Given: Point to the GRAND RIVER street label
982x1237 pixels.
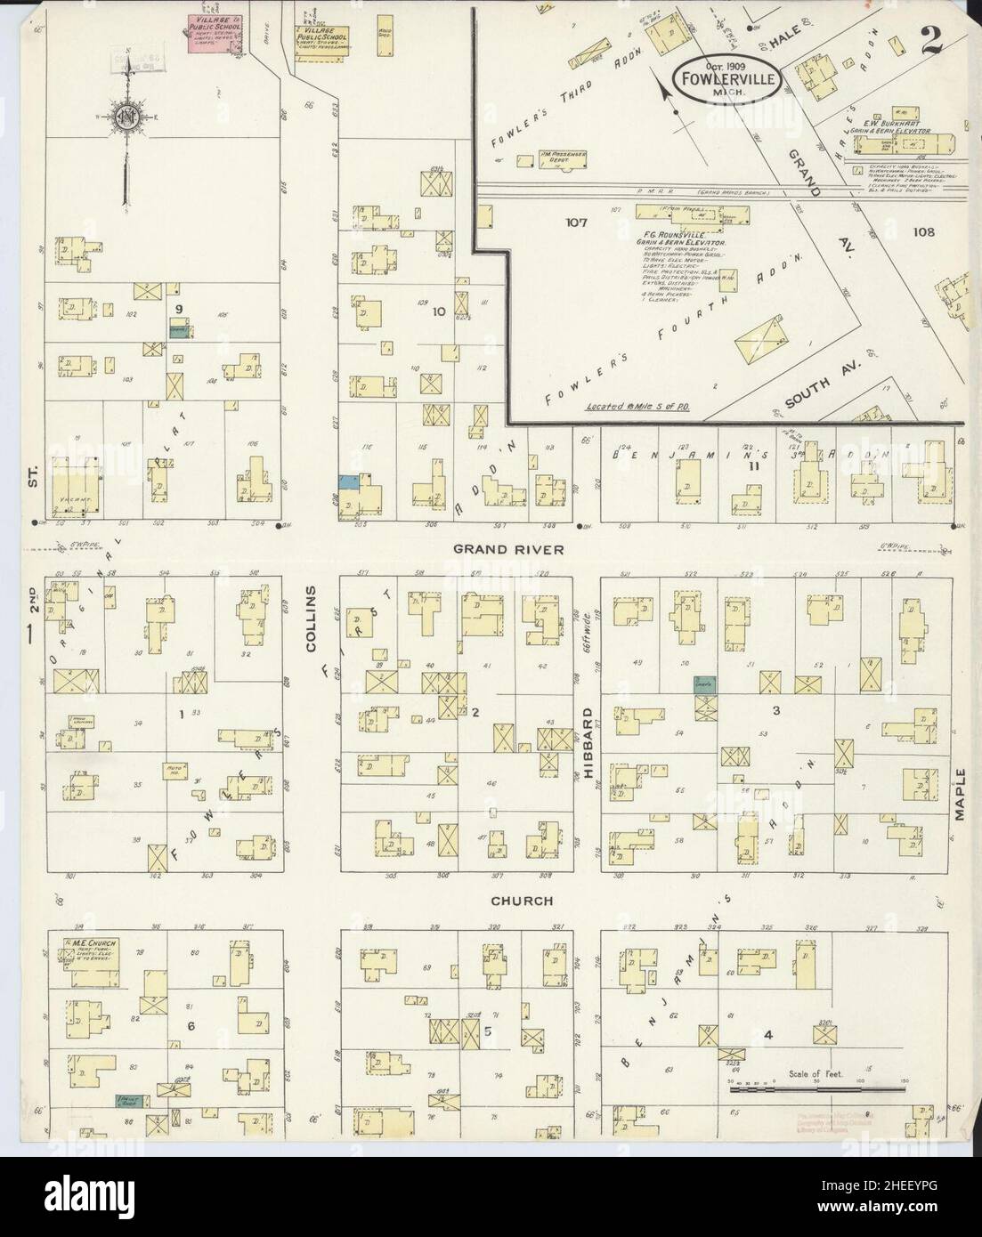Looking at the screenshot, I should pos(508,549).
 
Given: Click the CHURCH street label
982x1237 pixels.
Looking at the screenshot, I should pos(523,901).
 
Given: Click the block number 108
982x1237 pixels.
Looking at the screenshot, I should pos(923,232).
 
